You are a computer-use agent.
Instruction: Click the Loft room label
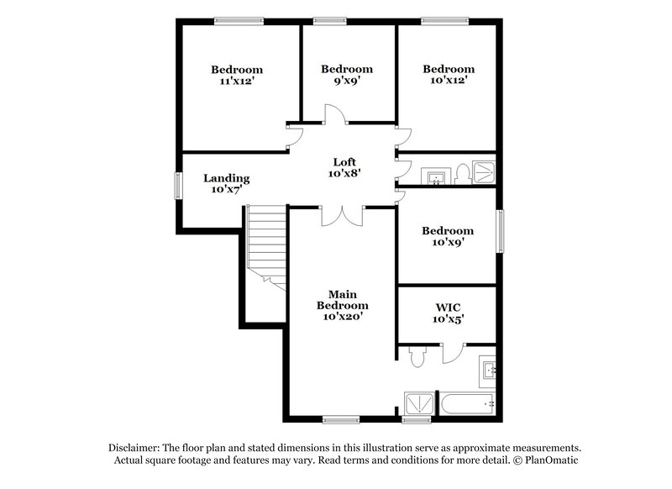click(x=344, y=162)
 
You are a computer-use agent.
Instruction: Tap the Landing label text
click(x=227, y=178)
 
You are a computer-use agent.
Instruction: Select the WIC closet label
click(x=447, y=307)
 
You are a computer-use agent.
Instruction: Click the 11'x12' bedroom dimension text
click(x=236, y=81)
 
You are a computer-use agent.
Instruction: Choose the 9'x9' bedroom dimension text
click(x=346, y=81)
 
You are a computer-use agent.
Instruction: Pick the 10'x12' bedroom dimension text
click(x=449, y=81)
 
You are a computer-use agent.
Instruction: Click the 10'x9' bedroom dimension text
click(x=448, y=243)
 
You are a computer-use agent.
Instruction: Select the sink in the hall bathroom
click(x=436, y=177)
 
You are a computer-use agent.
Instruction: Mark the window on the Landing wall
click(x=178, y=186)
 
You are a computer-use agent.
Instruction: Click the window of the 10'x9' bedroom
click(x=501, y=231)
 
